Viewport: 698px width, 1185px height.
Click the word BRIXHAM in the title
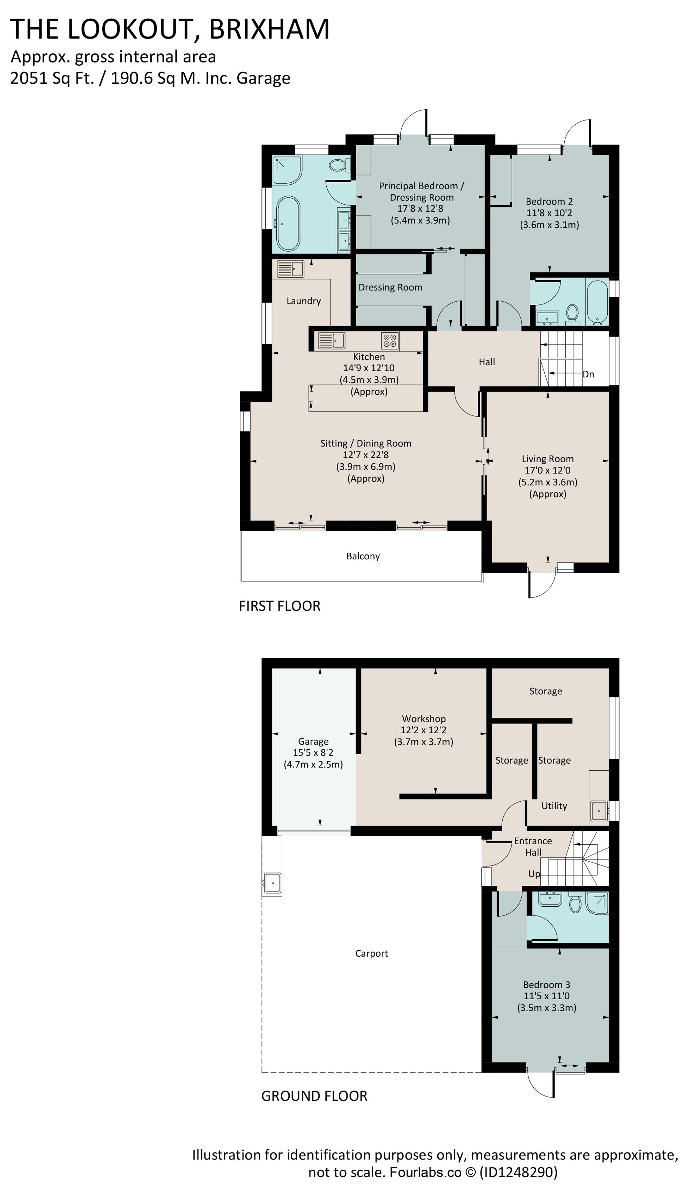269,29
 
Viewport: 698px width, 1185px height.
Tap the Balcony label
363,556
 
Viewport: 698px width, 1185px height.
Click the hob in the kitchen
390,340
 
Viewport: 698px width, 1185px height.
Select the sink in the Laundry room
291,269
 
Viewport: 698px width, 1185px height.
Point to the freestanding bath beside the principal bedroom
288,224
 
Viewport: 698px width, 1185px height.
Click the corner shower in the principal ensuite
287,170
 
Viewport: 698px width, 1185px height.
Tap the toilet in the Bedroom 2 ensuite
572,313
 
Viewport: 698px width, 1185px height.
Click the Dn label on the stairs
588,374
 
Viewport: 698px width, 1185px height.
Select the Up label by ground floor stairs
534,874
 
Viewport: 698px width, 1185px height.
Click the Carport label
371,954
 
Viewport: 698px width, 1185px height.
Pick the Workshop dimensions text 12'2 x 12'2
423,730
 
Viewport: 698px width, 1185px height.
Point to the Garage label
313,741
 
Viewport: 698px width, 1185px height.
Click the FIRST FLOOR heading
280,606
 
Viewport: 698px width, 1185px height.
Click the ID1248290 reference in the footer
518,1172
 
